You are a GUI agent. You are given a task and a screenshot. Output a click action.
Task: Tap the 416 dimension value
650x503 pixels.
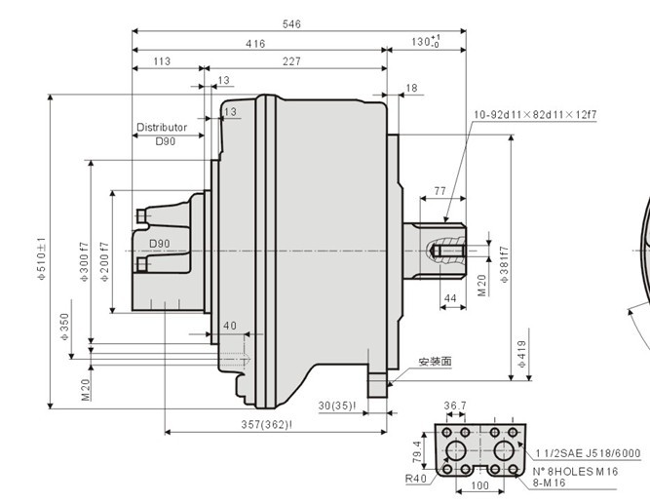[255, 43]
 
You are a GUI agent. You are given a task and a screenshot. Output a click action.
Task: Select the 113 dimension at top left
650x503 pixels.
[162, 61]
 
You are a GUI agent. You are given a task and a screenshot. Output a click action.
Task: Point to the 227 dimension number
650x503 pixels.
[290, 61]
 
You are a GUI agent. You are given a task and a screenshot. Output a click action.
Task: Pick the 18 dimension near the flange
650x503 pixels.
[411, 88]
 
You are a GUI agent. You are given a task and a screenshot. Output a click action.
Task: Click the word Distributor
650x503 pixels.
[162, 128]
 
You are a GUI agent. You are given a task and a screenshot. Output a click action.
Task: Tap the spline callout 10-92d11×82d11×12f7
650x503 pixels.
[535, 115]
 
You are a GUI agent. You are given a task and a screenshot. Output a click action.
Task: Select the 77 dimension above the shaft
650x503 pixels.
[440, 190]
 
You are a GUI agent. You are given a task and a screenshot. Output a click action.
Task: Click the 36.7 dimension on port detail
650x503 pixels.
[456, 406]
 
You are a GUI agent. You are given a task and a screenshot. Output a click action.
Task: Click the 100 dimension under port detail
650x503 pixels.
[480, 484]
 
